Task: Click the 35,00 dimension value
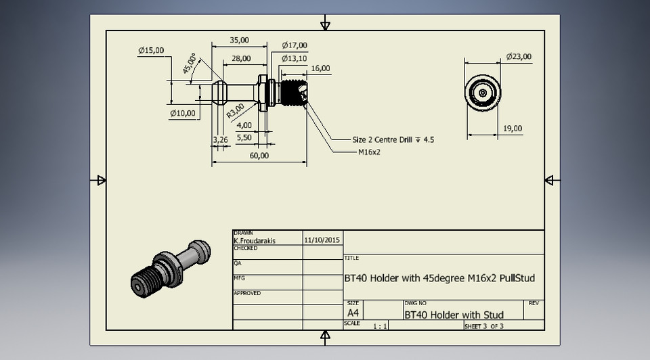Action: [240, 41]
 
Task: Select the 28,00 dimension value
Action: [241, 59]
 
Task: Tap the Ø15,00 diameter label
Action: [151, 50]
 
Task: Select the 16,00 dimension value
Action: [320, 68]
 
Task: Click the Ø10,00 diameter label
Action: [183, 112]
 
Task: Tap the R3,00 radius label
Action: [235, 110]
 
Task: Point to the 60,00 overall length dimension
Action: [259, 156]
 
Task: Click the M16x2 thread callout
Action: [369, 152]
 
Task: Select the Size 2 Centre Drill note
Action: [393, 139]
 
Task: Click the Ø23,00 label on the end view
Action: [519, 57]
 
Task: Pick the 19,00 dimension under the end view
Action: [513, 129]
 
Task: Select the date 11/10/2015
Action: [322, 240]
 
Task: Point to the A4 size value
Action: [353, 313]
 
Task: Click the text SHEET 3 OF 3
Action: [484, 326]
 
